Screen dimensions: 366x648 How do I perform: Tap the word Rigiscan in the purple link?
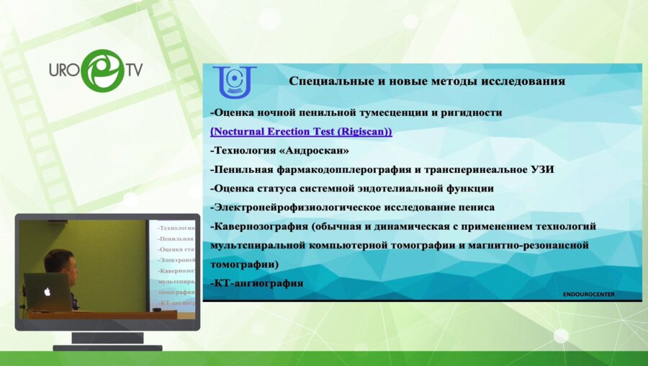[358, 132]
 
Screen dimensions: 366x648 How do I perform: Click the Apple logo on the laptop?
[48, 292]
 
